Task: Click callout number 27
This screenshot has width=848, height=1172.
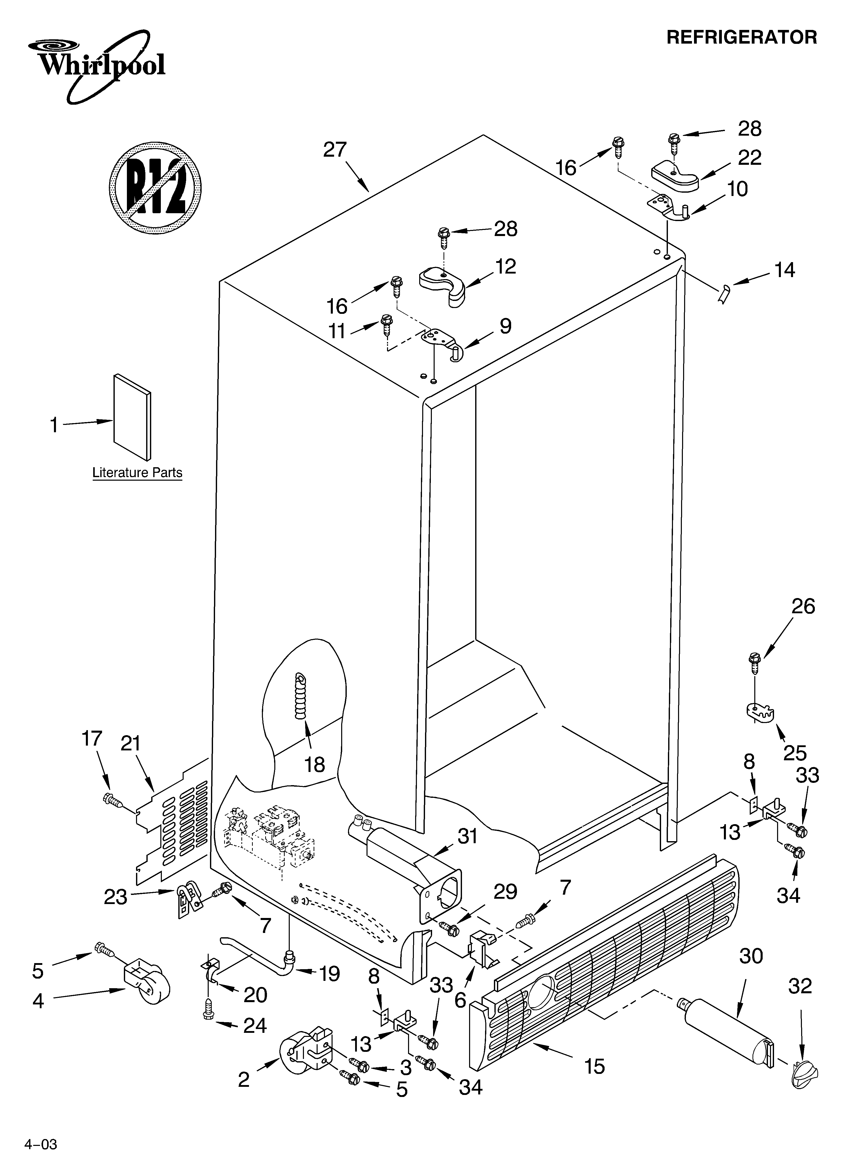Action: (x=335, y=150)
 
